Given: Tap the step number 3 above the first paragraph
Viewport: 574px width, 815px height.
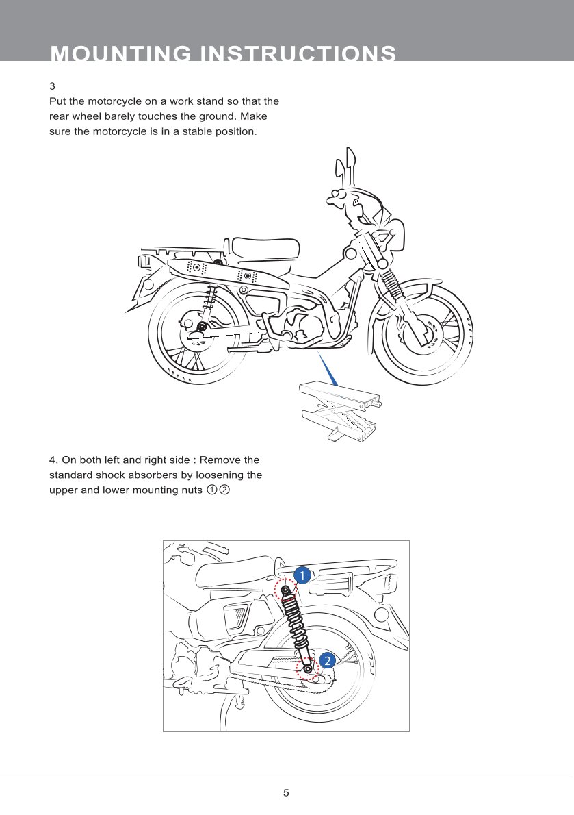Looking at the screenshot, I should coord(52,87).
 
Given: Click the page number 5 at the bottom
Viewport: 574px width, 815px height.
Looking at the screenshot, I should coord(286,793).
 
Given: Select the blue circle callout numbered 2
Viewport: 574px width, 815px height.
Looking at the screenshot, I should coord(328,661).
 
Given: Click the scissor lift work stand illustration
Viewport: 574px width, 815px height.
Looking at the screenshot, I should coord(339,409).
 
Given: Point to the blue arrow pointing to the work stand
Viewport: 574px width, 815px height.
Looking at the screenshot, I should coord(328,367).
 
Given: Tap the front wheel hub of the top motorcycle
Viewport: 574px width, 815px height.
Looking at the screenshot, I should coord(419,332).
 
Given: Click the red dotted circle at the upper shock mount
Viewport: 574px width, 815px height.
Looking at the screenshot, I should coord(285,589).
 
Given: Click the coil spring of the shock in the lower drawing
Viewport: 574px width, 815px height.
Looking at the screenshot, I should coord(296,623).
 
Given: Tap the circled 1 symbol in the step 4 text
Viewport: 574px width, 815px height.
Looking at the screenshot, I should coord(212,490).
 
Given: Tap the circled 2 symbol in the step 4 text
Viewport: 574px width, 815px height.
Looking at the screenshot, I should coord(224,490).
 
